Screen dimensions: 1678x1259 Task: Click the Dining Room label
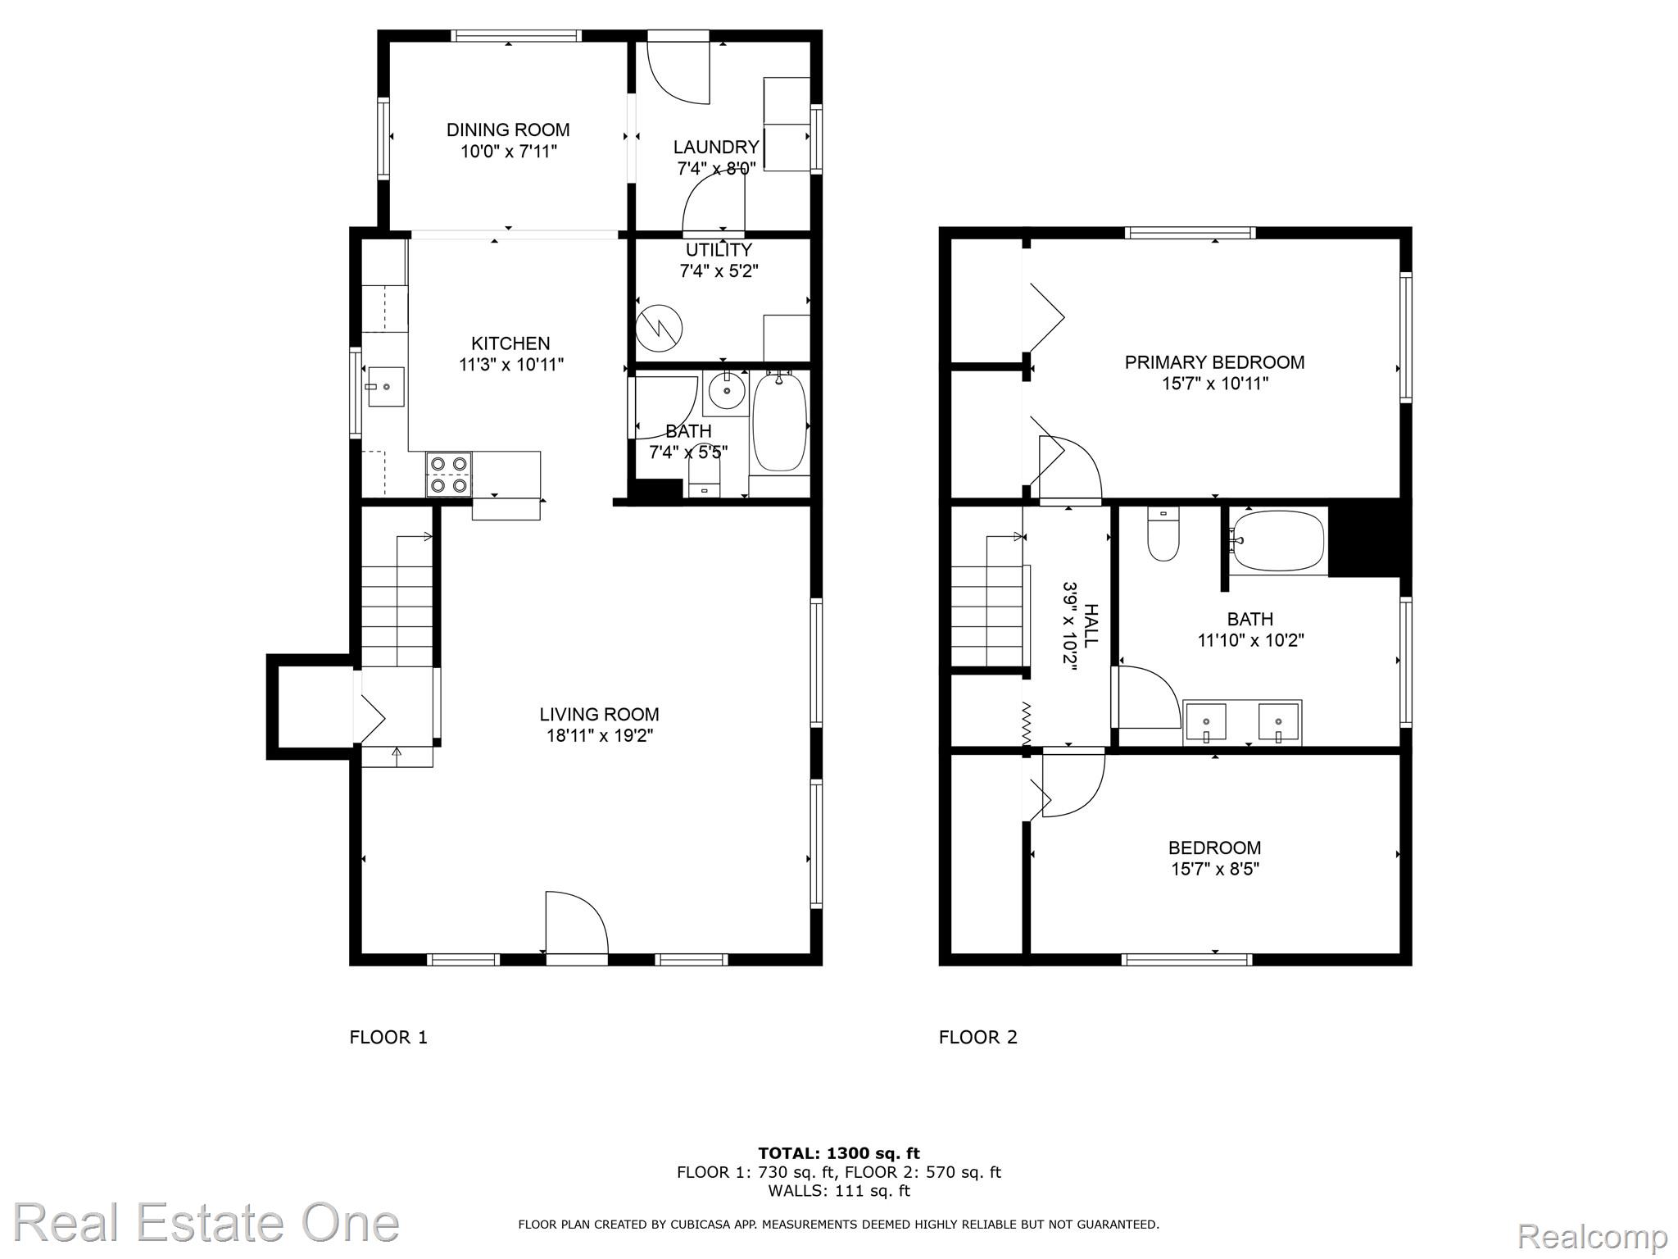tap(508, 130)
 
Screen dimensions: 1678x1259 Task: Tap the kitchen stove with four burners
tap(449, 475)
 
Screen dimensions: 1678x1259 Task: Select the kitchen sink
tap(386, 386)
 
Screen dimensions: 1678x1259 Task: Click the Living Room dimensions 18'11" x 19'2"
tap(600, 736)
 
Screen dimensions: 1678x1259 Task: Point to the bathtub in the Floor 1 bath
tap(779, 422)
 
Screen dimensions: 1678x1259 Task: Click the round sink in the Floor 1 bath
tap(726, 393)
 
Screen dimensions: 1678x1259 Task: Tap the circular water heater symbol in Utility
tap(660, 327)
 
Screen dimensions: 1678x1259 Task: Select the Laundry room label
tap(716, 147)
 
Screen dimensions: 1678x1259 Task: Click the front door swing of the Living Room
tap(577, 922)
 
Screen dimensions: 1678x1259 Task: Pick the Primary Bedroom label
tap(1214, 362)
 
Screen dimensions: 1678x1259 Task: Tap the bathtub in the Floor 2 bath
tap(1278, 540)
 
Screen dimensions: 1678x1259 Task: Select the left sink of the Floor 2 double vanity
tap(1206, 722)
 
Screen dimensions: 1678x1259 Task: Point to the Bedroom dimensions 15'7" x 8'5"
tap(1214, 869)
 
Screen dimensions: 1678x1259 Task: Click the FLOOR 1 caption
tap(388, 1038)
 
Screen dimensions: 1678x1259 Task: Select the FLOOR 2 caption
tap(978, 1038)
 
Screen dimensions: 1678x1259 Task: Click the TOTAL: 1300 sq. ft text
tap(839, 1154)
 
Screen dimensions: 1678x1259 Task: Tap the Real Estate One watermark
tap(206, 1223)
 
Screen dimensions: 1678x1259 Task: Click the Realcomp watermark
tap(1593, 1235)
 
